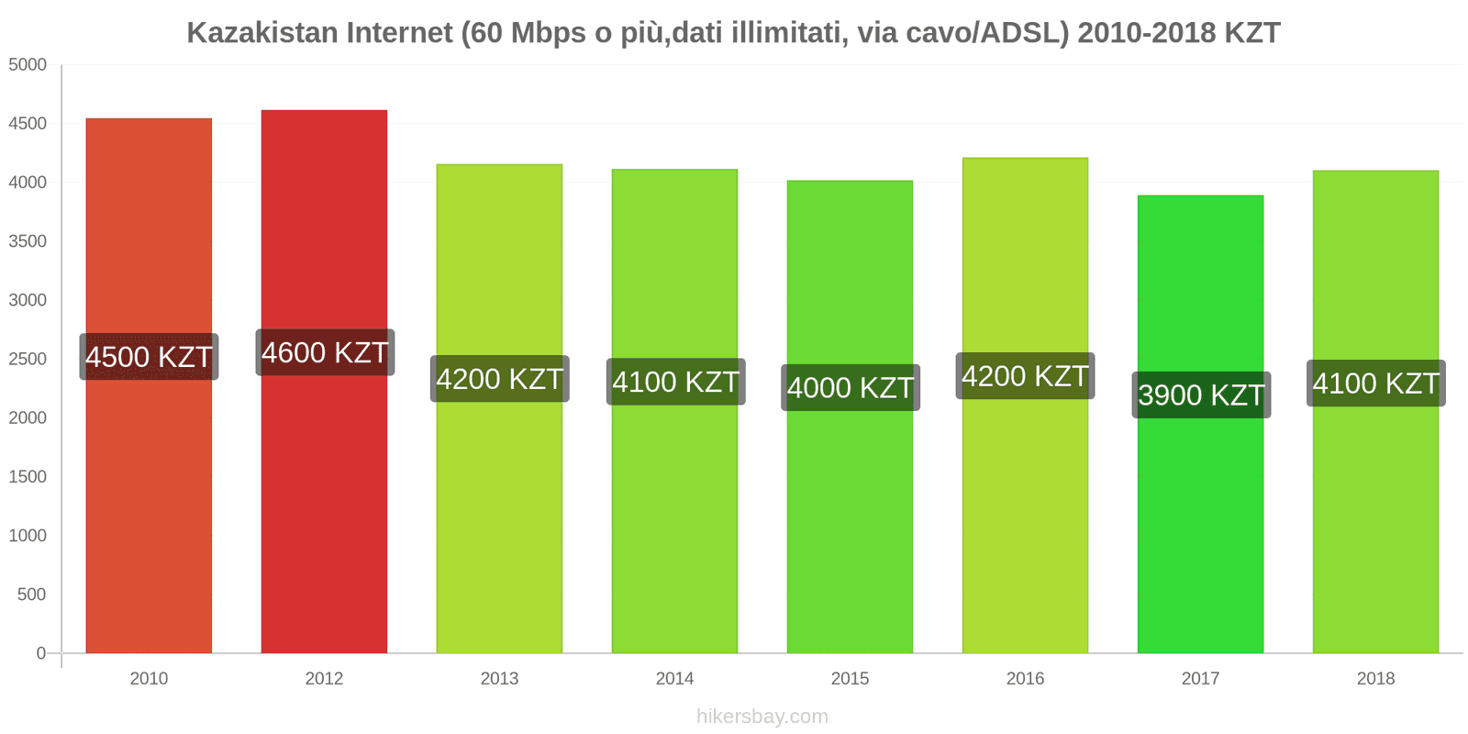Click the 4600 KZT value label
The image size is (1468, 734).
tap(325, 352)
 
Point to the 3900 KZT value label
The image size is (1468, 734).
tap(1201, 395)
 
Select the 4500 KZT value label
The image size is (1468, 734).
tap(149, 356)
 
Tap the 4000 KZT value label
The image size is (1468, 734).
tap(851, 387)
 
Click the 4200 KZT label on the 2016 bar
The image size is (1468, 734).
tap(1025, 375)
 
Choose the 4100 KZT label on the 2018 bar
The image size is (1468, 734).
tap(1375, 383)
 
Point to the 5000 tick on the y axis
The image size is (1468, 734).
tap(28, 64)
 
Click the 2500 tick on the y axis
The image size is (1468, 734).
tap(28, 359)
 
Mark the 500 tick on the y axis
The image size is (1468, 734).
tap(31, 595)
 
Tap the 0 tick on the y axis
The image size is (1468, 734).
tap(40, 653)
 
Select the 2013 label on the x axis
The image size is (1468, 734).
tap(499, 678)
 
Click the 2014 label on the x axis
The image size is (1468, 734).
tap(674, 678)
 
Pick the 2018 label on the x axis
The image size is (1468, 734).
tap(1375, 678)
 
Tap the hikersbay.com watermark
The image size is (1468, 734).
tap(762, 717)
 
